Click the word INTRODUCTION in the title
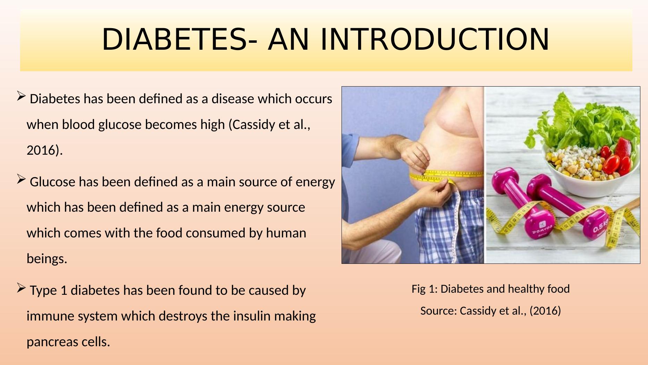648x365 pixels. (x=434, y=39)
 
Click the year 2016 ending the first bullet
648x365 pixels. (x=42, y=151)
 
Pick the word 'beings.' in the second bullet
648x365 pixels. (x=47, y=259)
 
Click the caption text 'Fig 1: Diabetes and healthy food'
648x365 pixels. (x=490, y=289)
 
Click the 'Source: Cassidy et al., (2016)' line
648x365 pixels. (x=490, y=311)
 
